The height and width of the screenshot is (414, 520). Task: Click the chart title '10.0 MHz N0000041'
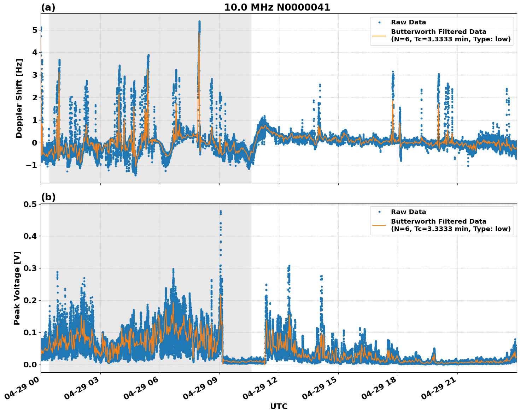(x=277, y=7)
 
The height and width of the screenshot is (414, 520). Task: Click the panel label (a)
(x=48, y=7)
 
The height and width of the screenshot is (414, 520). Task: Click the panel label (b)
(x=48, y=197)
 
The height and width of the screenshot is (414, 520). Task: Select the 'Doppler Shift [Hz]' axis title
(x=19, y=98)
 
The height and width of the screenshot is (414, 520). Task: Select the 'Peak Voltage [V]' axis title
(x=17, y=288)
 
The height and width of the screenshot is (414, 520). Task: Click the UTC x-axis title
(x=279, y=406)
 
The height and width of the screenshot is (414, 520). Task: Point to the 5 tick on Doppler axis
(x=34, y=30)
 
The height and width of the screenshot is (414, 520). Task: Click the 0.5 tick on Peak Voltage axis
(x=30, y=204)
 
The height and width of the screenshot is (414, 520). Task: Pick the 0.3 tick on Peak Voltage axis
(x=30, y=268)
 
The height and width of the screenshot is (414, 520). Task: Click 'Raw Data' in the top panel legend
(x=408, y=22)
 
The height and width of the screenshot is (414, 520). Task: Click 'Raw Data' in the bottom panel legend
(x=408, y=212)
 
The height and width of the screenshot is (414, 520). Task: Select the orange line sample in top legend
(x=379, y=35)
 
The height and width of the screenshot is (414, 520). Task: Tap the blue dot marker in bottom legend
(x=379, y=212)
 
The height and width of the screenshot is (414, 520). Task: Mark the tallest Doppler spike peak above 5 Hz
(x=199, y=22)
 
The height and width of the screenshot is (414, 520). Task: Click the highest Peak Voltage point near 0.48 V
(x=221, y=211)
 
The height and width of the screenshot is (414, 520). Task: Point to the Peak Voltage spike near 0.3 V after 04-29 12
(x=289, y=266)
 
